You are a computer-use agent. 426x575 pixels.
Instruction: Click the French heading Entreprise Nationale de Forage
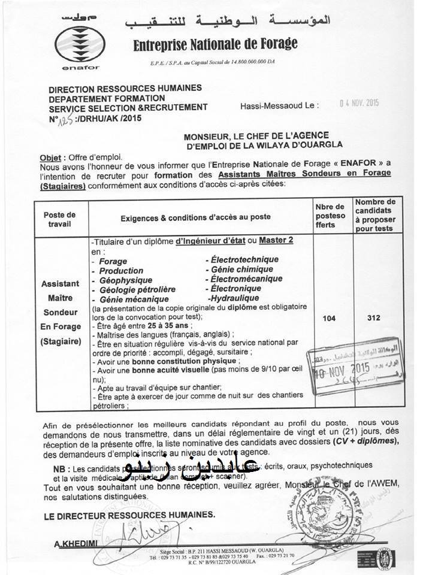tap(215, 44)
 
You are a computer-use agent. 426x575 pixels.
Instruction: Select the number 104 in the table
tap(329, 318)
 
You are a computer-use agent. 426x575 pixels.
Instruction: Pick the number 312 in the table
tap(374, 318)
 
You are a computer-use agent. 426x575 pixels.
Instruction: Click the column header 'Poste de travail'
tap(60, 220)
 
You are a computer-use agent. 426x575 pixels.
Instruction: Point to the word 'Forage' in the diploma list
tap(113, 262)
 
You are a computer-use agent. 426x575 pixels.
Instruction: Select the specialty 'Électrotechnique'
tap(242, 260)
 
